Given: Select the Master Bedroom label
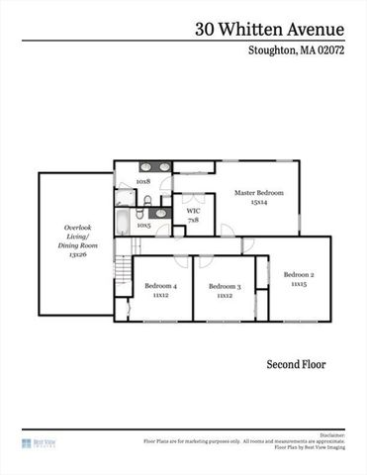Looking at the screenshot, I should [259, 192].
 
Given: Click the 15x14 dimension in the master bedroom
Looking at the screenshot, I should [259, 202].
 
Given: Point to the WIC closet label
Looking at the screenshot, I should [193, 211].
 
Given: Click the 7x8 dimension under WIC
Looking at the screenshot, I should [193, 220].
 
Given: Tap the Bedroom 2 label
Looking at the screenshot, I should [298, 274].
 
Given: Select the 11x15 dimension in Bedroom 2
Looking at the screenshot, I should [298, 284].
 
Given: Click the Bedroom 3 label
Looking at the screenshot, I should [224, 286].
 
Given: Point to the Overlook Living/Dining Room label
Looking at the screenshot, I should [77, 236].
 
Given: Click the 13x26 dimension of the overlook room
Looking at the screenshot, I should [77, 254].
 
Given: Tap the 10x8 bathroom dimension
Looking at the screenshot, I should [143, 182].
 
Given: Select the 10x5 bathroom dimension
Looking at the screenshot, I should [143, 225].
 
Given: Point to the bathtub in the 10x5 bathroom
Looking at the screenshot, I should [122, 219].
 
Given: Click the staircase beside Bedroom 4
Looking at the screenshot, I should [122, 269].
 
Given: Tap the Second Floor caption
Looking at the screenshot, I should [296, 365].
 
